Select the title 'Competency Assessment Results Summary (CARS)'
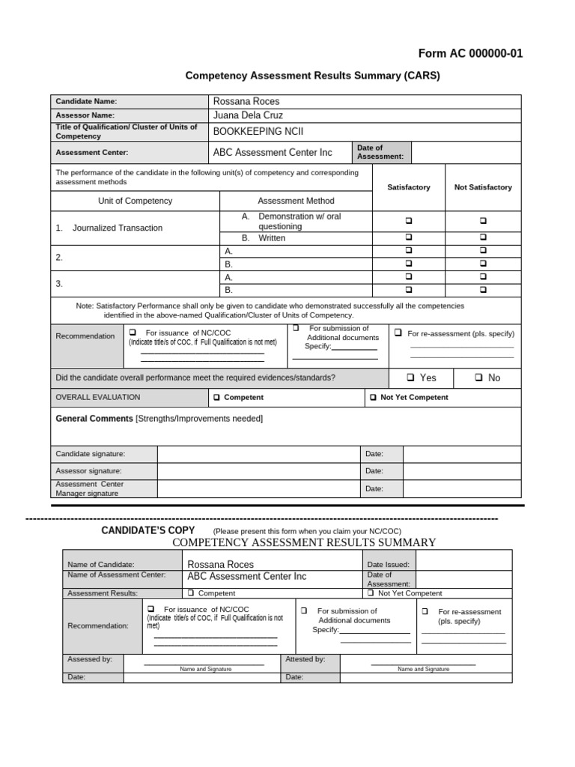click(x=312, y=76)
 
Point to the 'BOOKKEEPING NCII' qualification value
click(x=258, y=131)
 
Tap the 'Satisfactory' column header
click(x=408, y=187)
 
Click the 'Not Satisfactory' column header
click(x=483, y=187)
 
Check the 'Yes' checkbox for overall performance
click(x=410, y=378)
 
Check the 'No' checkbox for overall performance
click(x=480, y=378)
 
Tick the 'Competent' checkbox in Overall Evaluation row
click(x=216, y=398)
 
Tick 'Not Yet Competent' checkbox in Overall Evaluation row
click(x=373, y=398)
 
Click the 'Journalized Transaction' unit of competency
click(x=117, y=228)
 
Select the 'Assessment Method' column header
click(x=296, y=201)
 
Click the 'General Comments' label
click(x=94, y=418)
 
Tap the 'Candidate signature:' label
click(x=90, y=454)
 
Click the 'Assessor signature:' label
click(x=88, y=471)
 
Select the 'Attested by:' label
click(x=305, y=659)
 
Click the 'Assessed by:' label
click(x=90, y=659)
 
